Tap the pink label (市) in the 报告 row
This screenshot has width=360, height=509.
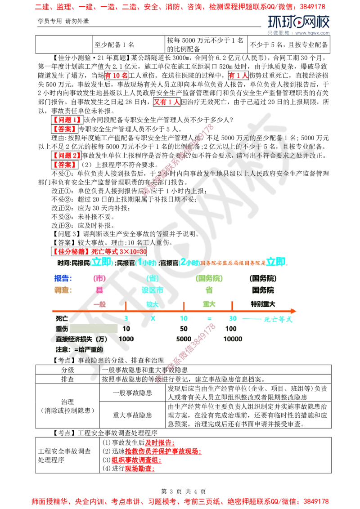click(99, 278)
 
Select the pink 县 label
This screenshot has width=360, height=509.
click(99, 290)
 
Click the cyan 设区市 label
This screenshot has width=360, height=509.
click(152, 290)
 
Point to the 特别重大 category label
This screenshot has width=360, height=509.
click(263, 304)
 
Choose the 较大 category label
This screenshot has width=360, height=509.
click(152, 304)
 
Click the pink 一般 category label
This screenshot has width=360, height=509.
click(99, 304)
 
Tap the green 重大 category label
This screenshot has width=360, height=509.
click(209, 304)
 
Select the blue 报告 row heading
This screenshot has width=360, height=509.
click(63, 278)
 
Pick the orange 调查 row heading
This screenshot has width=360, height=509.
click(63, 290)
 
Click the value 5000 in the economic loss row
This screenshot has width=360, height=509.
click(184, 339)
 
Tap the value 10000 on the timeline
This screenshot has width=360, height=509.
click(233, 339)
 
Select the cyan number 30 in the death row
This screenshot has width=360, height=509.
click(233, 319)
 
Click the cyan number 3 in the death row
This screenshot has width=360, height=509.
click(126, 319)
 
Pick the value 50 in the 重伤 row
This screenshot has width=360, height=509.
click(184, 329)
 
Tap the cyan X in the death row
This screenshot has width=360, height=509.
click(153, 319)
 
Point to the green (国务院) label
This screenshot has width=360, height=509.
click(209, 278)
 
